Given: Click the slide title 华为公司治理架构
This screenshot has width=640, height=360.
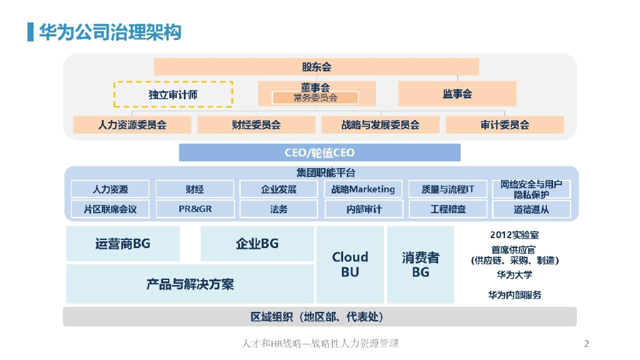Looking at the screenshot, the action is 110,32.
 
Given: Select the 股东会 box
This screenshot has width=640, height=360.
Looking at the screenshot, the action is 316,66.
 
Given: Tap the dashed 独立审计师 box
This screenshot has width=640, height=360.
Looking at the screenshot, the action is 173,94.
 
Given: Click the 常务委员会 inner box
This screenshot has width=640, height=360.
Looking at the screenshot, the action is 316,98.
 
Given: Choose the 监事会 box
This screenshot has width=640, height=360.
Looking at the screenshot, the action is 457,94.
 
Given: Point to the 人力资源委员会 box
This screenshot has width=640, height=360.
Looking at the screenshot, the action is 132,124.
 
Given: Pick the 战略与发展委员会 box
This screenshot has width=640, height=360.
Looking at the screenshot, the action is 381,124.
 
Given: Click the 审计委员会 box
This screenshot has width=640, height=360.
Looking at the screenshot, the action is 504,124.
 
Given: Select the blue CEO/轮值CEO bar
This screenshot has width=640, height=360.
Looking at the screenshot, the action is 319,152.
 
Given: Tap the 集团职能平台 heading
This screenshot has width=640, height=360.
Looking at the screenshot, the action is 326,172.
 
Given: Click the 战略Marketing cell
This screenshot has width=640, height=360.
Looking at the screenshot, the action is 363,189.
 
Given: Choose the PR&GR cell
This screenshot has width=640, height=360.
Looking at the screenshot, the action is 195,209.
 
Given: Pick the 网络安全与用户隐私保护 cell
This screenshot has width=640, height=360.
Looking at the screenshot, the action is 531,189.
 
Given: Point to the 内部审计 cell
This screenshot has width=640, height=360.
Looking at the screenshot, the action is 364,209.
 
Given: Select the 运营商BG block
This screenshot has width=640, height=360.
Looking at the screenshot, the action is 123,243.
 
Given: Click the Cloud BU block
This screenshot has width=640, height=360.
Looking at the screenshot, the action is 350,264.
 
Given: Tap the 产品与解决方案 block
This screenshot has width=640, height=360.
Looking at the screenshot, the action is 190,284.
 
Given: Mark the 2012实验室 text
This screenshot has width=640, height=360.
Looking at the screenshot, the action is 514,235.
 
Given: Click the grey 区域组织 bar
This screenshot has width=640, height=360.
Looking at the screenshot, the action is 319,317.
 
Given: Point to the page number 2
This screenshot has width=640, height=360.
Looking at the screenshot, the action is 586,344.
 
